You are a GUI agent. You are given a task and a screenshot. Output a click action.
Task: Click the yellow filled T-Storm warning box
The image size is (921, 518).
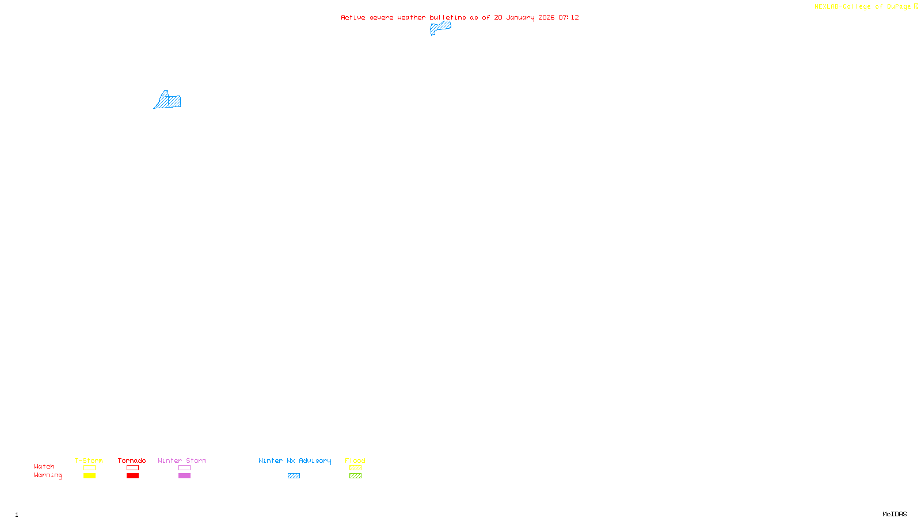coord(89,476)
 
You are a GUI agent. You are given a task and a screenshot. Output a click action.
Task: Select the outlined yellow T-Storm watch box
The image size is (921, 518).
coord(89,468)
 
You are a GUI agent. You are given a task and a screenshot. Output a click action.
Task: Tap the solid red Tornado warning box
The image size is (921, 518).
coord(132,476)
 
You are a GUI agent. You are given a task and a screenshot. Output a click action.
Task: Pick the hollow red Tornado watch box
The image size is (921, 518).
coord(132,468)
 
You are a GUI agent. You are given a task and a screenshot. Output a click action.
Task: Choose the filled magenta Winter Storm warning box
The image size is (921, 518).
coord(184,476)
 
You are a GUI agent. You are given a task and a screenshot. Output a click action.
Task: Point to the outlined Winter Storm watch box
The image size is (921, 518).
coord(184,468)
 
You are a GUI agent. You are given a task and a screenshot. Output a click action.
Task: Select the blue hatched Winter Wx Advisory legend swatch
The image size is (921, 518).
coord(294,476)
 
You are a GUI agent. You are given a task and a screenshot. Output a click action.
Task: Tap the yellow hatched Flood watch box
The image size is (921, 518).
coord(355,468)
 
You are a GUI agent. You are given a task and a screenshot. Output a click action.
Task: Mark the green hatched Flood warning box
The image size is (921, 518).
coord(355,476)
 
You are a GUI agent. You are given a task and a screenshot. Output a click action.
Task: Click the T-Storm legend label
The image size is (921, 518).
coord(89,460)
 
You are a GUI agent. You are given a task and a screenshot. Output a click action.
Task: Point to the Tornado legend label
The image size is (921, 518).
coord(132,460)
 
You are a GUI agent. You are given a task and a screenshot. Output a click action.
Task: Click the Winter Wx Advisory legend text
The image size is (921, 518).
coord(295,460)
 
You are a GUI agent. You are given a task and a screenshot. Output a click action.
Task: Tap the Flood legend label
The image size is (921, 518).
coord(355,460)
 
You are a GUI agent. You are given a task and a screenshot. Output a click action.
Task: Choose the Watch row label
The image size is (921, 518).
coord(44,466)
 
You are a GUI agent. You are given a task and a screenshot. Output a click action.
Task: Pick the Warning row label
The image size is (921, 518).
coord(48,475)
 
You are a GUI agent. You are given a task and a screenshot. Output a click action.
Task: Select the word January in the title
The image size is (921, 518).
coord(520,17)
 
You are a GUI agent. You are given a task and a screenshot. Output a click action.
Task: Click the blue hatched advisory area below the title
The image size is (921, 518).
coord(440,28)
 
